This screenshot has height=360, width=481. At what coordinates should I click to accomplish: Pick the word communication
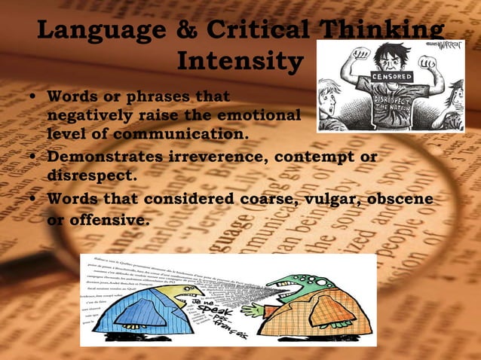[171, 134]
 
